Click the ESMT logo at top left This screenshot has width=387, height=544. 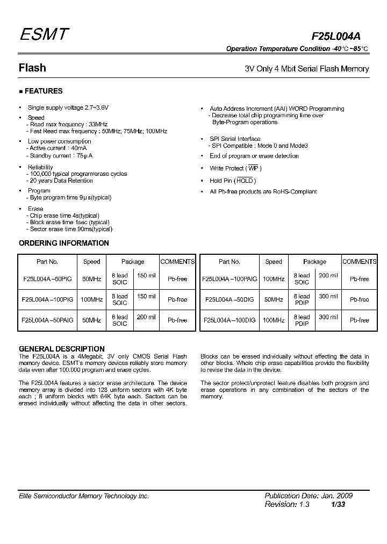tap(44, 34)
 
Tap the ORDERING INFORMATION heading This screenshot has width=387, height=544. tap(63, 243)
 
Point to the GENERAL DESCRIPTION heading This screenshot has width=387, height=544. tap(61, 349)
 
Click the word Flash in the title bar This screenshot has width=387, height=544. tap(32, 68)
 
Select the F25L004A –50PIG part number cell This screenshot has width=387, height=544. tap(47, 279)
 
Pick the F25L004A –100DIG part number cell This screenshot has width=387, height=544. tap(229, 320)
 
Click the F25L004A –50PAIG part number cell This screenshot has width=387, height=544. tap(47, 320)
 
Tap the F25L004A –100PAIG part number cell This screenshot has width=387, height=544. tap(229, 279)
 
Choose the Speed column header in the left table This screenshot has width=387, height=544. tap(91, 262)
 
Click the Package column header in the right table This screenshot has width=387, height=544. tap(314, 262)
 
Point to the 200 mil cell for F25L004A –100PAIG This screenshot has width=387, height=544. tap(328, 276)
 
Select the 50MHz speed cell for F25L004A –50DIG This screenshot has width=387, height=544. tap(274, 299)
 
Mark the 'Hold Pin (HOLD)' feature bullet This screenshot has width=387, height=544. tap(232, 181)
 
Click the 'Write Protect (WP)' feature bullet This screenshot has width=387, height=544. tap(235, 169)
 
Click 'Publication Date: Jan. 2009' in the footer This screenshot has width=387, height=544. tap(309, 496)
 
